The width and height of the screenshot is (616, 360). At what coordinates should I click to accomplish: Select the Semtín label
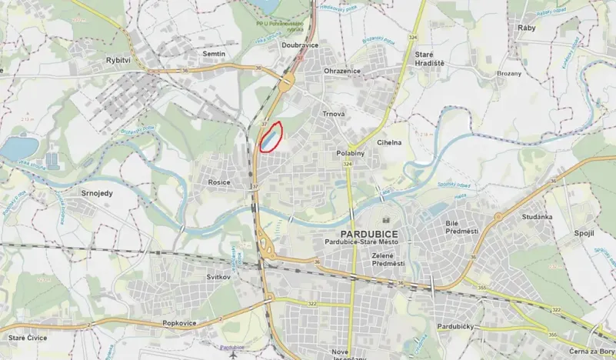[x=214, y=54]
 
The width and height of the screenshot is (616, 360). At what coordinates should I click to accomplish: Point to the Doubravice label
[x=301, y=45]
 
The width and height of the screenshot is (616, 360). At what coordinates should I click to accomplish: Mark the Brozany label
[x=508, y=73]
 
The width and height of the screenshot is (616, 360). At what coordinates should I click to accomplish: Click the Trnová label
[x=334, y=114]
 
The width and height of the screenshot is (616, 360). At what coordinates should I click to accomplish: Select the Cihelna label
[x=389, y=142]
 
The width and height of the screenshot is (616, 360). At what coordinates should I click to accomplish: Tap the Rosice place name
[x=220, y=182]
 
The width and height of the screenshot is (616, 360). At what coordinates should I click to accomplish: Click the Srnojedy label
[x=97, y=192]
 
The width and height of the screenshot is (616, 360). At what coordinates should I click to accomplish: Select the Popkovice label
[x=179, y=324]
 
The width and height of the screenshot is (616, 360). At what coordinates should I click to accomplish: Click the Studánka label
[x=536, y=217]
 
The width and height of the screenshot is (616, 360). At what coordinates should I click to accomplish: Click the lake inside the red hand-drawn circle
[x=268, y=139]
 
